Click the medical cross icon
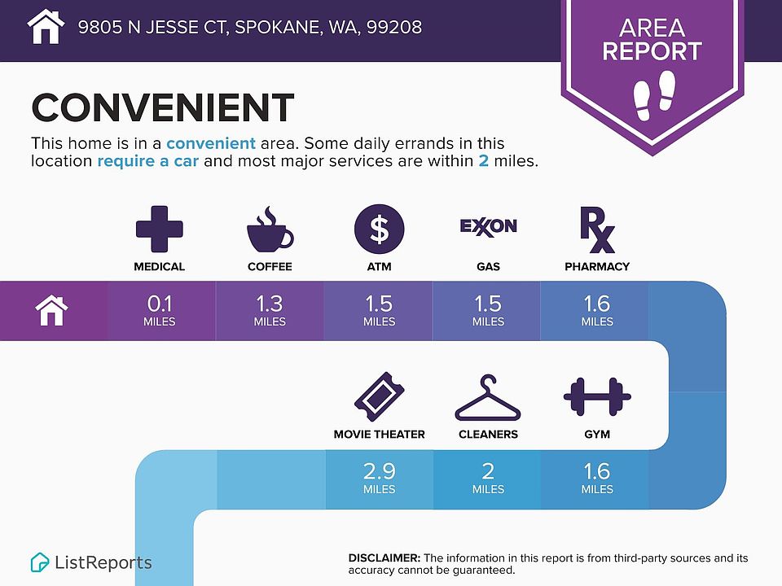click(160, 229)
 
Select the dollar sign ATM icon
click(379, 229)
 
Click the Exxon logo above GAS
click(488, 227)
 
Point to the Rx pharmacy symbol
click(597, 230)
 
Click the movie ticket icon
click(379, 396)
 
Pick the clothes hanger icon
click(488, 398)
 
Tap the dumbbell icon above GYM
click(597, 396)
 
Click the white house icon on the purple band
click(51, 310)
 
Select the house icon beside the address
click(46, 26)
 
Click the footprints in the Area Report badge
click(654, 94)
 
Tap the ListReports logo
click(91, 562)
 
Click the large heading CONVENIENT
click(163, 107)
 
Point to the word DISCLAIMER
click(384, 558)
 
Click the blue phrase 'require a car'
click(147, 161)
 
